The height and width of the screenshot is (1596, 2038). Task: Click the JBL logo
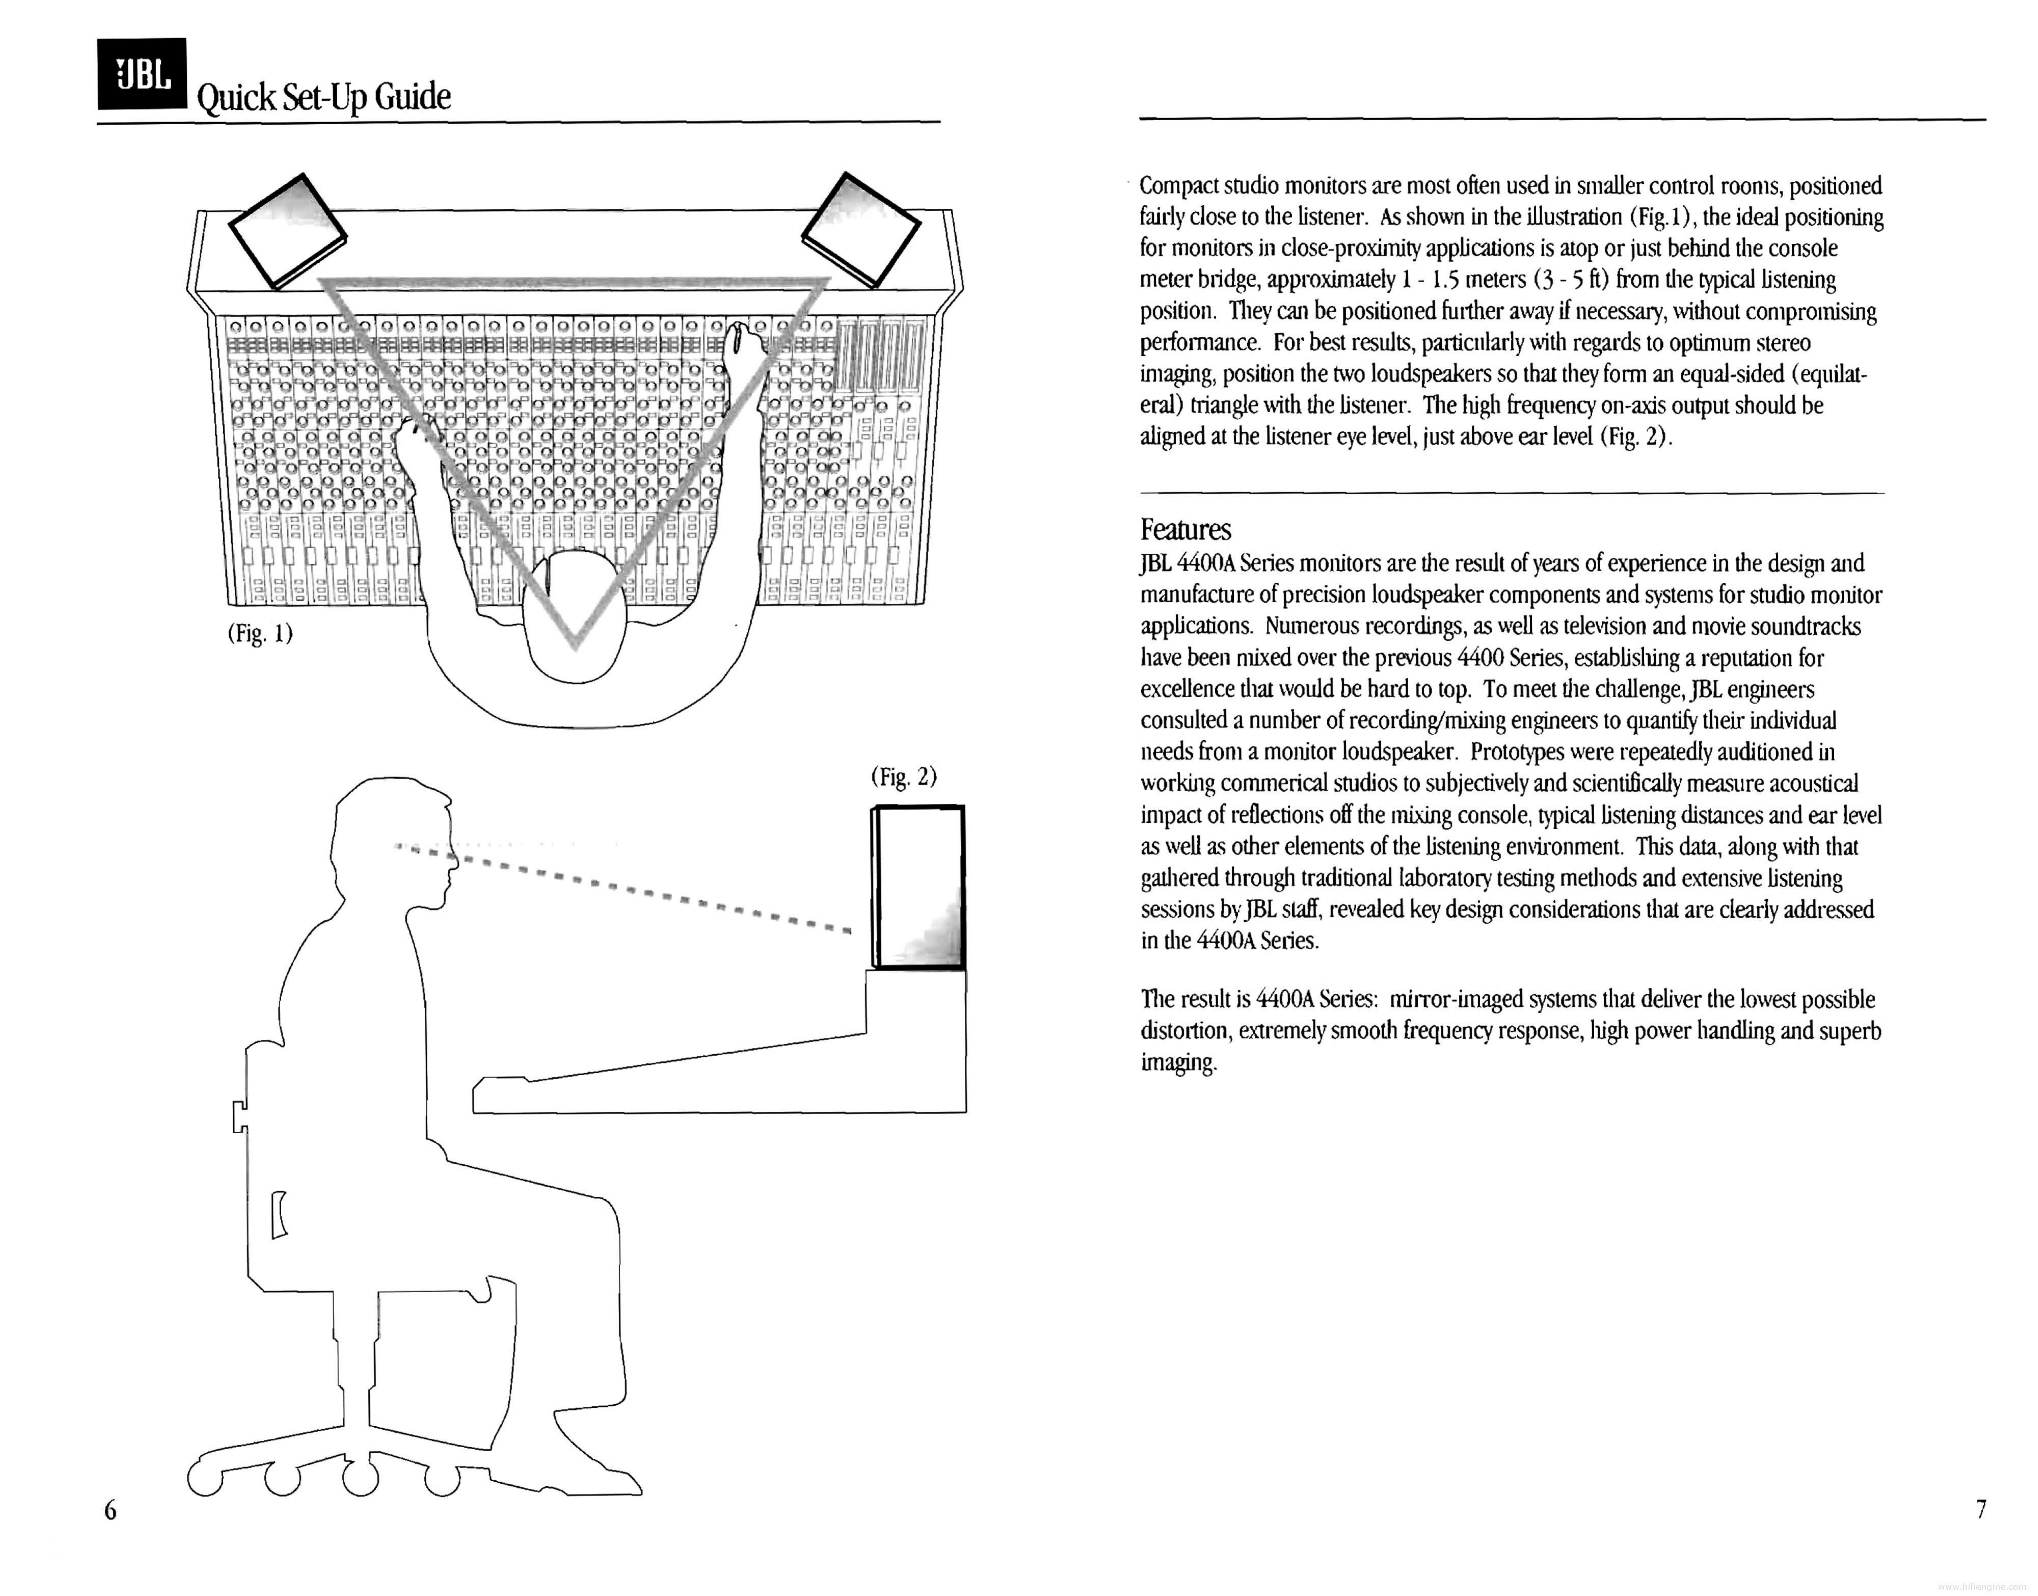click(x=142, y=75)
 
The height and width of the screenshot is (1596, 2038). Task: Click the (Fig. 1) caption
click(x=260, y=634)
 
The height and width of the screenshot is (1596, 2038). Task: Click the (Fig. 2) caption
click(x=903, y=776)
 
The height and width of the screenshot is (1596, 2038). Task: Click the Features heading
click(x=1185, y=530)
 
